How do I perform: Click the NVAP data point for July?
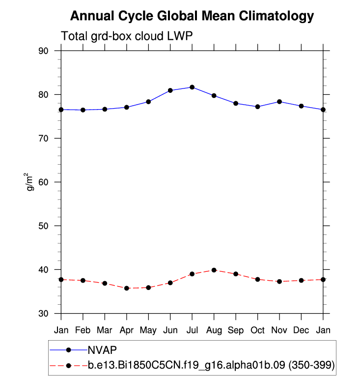pos(192,87)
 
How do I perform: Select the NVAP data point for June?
pos(170,90)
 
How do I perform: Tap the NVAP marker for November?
pos(279,102)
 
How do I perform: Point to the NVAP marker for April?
pos(127,107)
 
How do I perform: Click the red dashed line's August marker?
pos(214,270)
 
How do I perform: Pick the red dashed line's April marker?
pos(127,288)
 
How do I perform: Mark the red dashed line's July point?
pos(192,274)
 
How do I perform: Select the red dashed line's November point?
pos(279,282)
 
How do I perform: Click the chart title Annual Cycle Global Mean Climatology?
pos(192,16)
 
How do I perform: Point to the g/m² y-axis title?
pos(30,181)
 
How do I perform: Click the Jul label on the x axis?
pos(192,330)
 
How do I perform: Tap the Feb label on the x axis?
pos(83,330)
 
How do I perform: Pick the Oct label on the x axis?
pos(257,330)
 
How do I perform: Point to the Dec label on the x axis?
pos(301,330)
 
